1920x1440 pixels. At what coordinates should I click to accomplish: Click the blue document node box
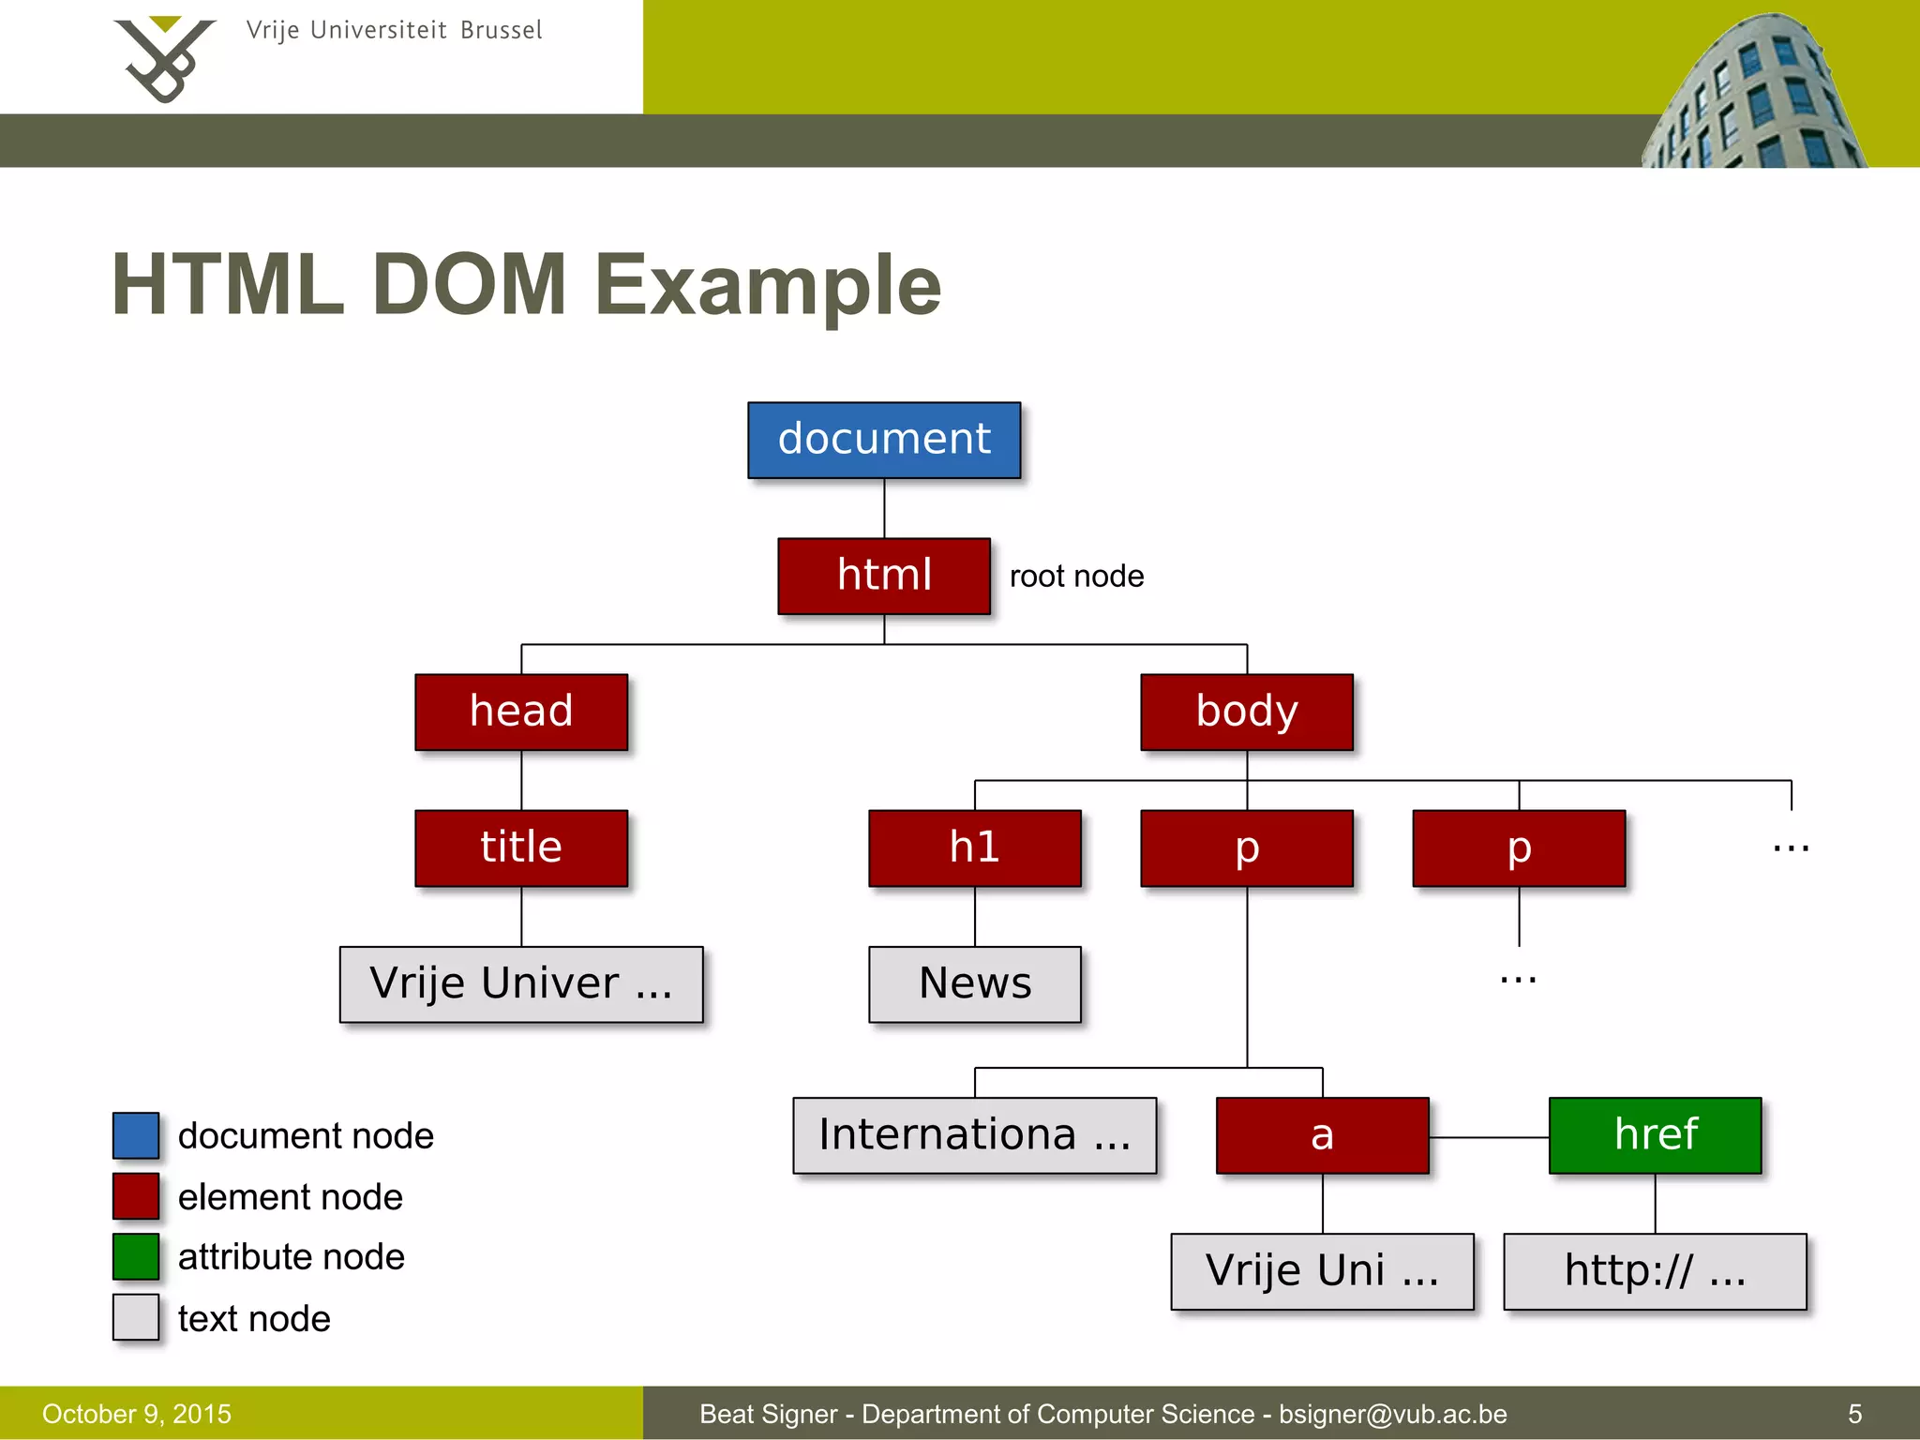coord(883,440)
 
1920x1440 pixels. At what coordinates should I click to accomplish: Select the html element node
coord(883,576)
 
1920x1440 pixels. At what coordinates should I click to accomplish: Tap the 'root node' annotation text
coord(1076,576)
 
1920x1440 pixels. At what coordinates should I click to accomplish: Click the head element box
coord(521,712)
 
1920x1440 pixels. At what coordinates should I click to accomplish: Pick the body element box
coord(1246,712)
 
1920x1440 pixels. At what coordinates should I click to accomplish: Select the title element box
coord(521,847)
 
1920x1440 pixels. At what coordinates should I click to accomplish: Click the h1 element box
coord(974,847)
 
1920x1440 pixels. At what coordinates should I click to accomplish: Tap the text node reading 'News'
coord(974,983)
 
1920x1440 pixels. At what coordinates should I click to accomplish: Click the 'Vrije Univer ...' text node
coord(521,983)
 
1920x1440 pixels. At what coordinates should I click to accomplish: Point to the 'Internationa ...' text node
coord(974,1134)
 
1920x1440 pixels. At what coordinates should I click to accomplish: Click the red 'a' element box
coord(1322,1134)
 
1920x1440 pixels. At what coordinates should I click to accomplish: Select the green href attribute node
coord(1655,1134)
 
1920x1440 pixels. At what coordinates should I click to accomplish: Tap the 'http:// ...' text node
coord(1655,1271)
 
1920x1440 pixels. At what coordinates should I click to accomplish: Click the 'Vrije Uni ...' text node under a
coord(1322,1271)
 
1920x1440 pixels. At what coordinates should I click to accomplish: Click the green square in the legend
coord(136,1256)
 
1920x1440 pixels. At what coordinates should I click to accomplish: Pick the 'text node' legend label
coord(254,1318)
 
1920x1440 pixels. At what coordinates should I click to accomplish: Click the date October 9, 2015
coord(137,1414)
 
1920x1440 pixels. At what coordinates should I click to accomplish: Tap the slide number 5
coord(1854,1414)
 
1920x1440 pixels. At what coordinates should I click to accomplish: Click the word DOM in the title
coord(469,285)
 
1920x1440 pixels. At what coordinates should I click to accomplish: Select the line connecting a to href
coord(1489,1137)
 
